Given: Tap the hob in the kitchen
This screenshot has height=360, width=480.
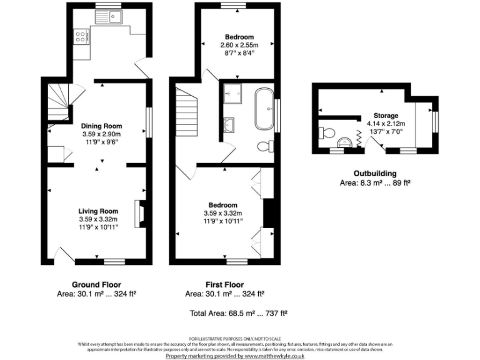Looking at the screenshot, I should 81,38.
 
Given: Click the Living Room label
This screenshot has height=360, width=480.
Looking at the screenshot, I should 98,211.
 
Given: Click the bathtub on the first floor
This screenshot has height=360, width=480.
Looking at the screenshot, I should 263,109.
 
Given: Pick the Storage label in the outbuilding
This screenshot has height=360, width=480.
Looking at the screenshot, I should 386,116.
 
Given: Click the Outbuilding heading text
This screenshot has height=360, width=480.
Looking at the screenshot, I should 375,173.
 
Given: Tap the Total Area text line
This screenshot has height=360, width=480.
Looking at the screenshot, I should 238,312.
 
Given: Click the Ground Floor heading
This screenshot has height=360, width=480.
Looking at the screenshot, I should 96,283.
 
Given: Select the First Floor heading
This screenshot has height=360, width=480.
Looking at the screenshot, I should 224,283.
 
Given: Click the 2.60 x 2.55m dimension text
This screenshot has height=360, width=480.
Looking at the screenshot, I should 237,46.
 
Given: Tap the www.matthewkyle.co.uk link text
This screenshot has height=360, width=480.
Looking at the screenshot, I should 274,355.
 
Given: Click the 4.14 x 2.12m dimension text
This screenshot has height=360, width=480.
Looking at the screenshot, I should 386,124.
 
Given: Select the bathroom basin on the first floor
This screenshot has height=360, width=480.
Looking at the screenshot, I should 230,122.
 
